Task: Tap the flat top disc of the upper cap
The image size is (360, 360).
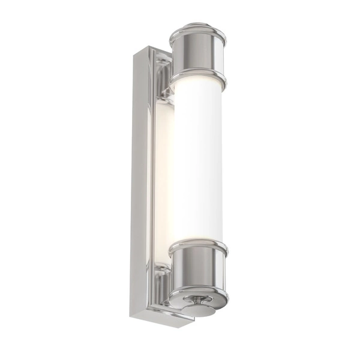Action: (x=198, y=28)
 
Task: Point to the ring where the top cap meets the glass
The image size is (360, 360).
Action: (x=199, y=78)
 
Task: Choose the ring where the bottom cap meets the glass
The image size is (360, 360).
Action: (x=198, y=247)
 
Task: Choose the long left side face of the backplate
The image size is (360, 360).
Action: (x=139, y=180)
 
